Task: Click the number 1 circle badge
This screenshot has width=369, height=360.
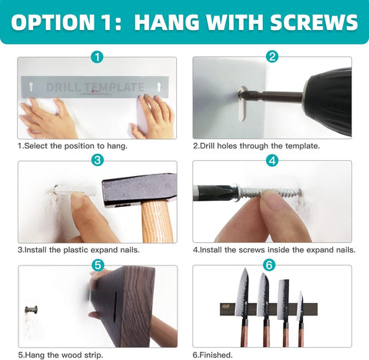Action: (x=97, y=57)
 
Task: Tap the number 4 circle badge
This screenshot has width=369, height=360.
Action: (x=272, y=161)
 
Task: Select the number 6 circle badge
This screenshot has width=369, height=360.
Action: (x=269, y=265)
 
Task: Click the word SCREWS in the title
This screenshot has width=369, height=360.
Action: (x=314, y=22)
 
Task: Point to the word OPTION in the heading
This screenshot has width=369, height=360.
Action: (x=52, y=22)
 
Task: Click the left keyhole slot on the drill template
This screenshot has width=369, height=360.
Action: (x=32, y=87)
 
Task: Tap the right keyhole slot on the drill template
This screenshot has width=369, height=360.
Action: (x=158, y=87)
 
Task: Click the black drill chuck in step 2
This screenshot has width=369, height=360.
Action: (x=327, y=98)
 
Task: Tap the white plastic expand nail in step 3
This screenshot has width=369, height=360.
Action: (x=75, y=190)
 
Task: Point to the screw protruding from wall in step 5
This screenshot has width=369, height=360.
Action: (x=32, y=309)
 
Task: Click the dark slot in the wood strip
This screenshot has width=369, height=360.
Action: (x=115, y=305)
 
